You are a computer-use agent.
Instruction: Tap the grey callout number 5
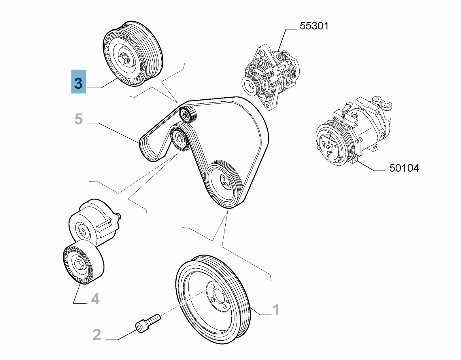tap(79, 119)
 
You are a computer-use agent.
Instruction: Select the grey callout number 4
tap(95, 300)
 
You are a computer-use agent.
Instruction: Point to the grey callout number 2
tap(97, 335)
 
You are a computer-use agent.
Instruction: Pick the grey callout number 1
tap(275, 310)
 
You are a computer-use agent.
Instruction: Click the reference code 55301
tap(314, 26)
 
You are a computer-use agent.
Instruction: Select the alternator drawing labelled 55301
tap(271, 76)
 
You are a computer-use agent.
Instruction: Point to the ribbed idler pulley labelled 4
tap(84, 262)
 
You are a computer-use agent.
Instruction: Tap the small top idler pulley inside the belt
tap(187, 115)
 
